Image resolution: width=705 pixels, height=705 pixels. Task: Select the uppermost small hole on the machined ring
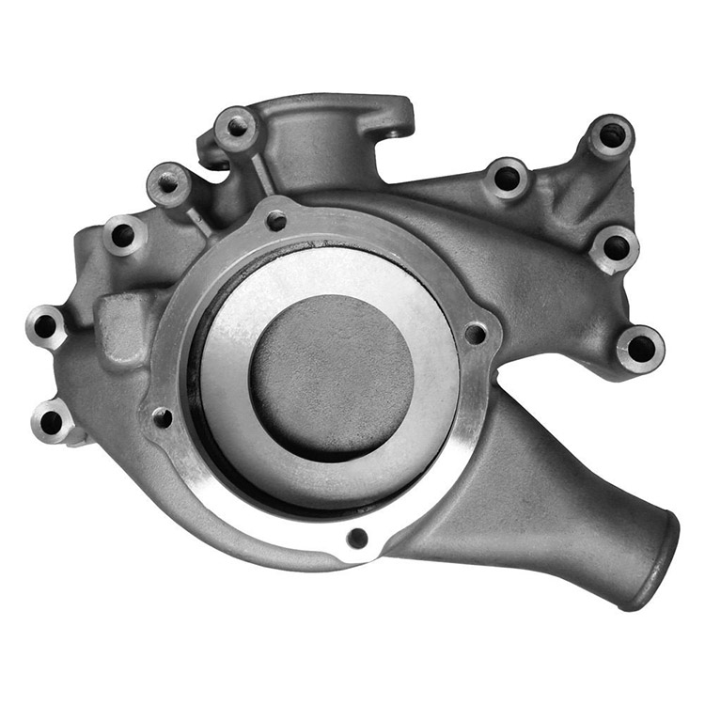tap(275, 222)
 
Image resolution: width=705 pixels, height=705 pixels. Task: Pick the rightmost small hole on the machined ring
tap(476, 334)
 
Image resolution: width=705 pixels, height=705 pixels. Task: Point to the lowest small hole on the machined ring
tap(357, 538)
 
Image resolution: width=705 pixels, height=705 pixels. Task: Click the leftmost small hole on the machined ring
tap(162, 416)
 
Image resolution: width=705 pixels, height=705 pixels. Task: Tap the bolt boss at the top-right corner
tap(612, 136)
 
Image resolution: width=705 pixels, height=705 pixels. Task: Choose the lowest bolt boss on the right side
tap(641, 349)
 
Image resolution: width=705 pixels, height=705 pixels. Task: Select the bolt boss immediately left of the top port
tap(234, 128)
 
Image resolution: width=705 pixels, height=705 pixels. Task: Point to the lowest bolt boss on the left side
tap(52, 419)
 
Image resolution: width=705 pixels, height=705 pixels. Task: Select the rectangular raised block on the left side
tap(124, 329)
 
